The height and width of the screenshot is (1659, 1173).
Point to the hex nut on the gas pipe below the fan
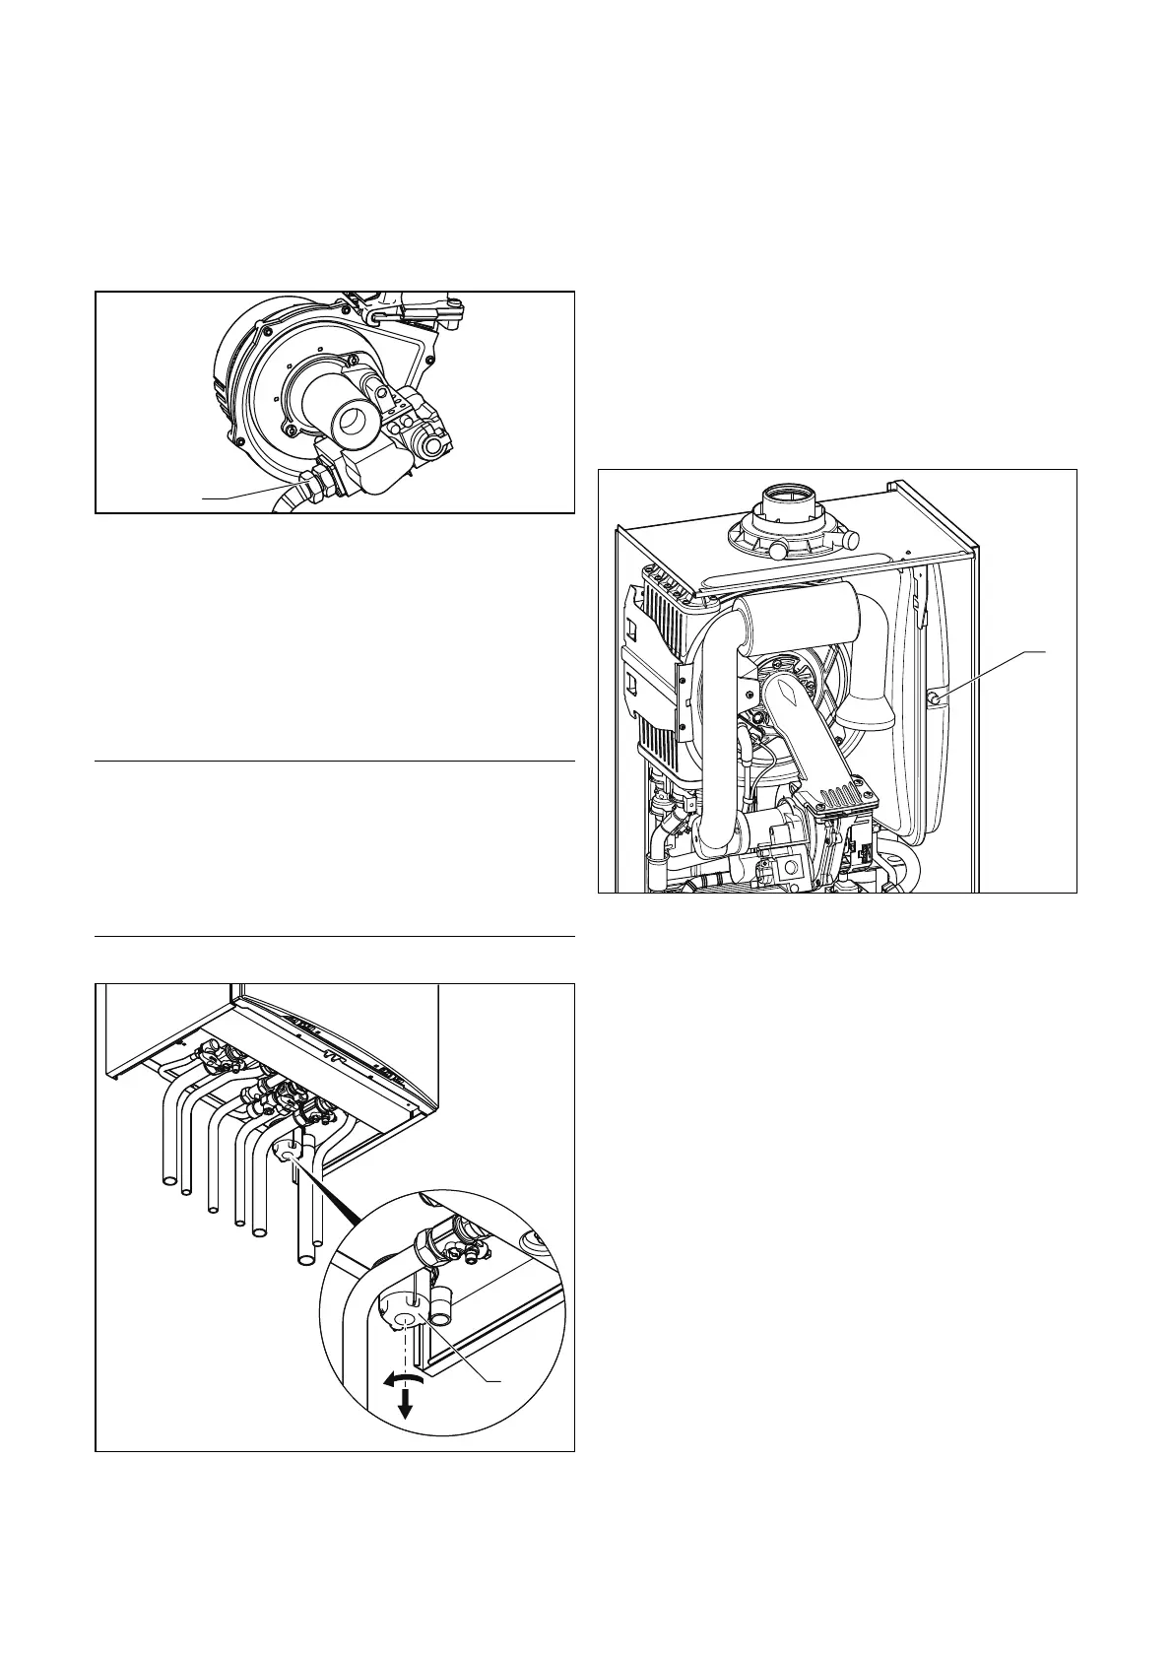point(316,484)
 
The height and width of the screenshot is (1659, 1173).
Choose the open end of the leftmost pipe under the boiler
point(166,1180)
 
